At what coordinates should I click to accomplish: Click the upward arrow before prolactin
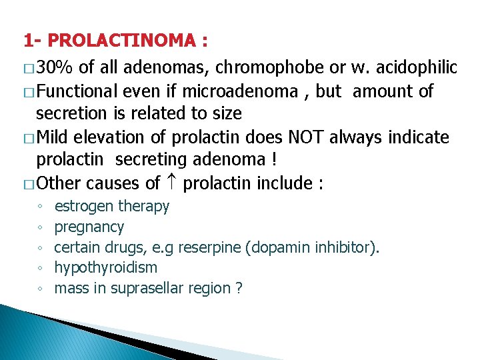pos(171,183)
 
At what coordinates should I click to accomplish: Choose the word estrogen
pos(83,207)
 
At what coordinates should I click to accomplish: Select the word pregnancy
pos(89,227)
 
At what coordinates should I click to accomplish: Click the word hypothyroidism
pos(106,268)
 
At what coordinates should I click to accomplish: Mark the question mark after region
pos(238,289)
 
